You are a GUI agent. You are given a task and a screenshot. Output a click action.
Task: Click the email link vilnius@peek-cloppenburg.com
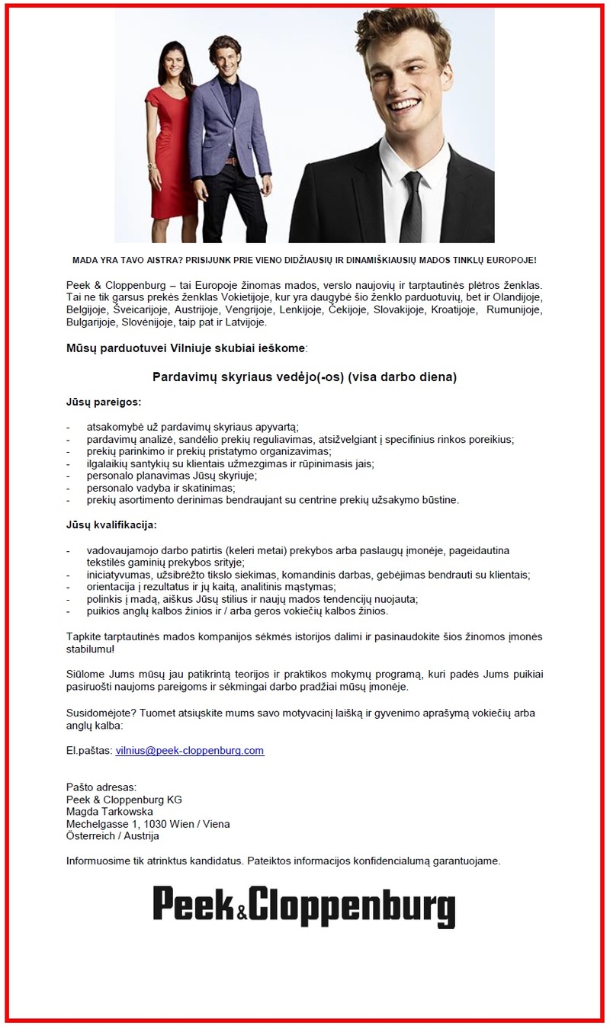[x=189, y=750]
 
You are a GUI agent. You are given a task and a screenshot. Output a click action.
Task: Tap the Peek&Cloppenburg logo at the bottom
[x=304, y=906]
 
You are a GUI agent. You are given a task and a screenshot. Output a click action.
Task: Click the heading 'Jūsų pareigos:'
[x=103, y=401]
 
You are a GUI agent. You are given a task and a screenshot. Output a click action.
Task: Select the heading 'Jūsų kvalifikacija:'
[x=111, y=525]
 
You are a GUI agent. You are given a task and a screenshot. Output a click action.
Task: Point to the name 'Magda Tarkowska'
[x=110, y=812]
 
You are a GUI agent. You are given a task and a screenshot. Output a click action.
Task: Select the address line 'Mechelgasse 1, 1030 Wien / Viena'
[x=148, y=824]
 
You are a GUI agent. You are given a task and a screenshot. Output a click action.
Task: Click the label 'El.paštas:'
[x=89, y=750]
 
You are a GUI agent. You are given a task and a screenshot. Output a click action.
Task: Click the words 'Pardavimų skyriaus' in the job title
[x=206, y=377]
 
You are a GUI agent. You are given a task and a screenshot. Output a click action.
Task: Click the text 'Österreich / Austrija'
[x=113, y=836]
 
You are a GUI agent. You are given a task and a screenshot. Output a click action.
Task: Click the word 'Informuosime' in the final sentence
[x=98, y=861]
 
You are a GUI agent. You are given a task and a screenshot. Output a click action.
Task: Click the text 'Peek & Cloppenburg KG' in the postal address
[x=124, y=800]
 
